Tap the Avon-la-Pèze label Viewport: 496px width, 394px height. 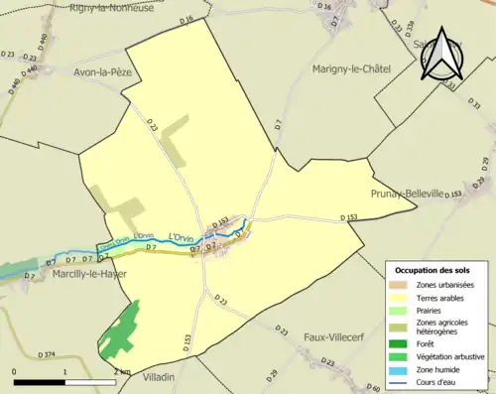coord(102,72)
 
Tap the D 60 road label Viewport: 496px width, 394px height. coord(373,388)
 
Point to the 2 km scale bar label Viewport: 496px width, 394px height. coord(121,372)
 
